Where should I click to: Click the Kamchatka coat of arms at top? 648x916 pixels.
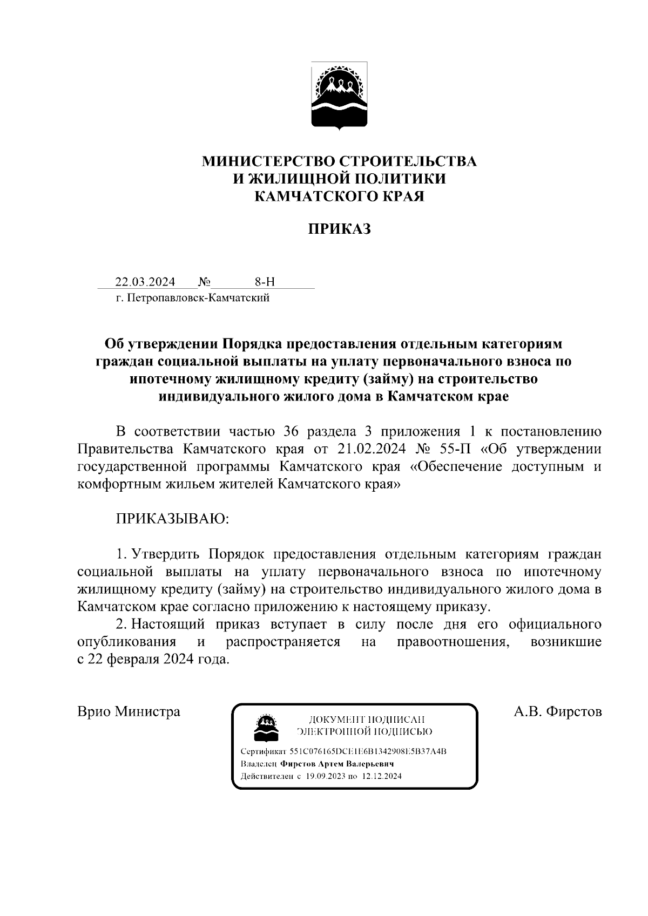click(x=339, y=96)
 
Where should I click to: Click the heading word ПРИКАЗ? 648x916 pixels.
click(x=339, y=229)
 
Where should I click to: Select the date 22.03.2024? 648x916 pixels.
click(x=145, y=282)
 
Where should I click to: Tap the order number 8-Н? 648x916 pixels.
click(x=265, y=282)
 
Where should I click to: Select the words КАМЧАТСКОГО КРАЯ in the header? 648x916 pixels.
click(x=339, y=196)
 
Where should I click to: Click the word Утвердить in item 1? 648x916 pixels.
click(x=166, y=554)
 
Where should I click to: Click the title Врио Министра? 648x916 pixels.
click(x=129, y=711)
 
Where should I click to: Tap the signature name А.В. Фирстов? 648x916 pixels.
click(x=557, y=711)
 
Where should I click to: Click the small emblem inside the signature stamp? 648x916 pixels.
click(x=266, y=729)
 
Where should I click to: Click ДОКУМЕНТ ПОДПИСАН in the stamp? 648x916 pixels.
click(x=367, y=720)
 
